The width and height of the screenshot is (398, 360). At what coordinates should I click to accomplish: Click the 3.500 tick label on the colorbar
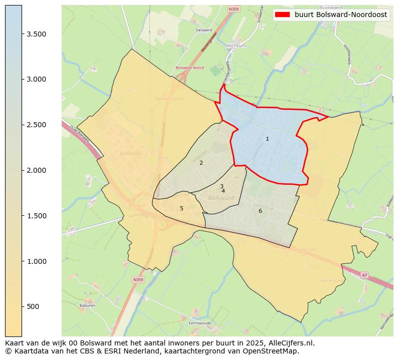(x=36, y=34)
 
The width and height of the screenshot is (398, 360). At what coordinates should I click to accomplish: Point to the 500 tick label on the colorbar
(x=33, y=306)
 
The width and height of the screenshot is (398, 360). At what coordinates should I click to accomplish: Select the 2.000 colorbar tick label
(x=36, y=170)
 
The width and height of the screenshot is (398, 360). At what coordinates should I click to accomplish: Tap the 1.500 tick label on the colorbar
(x=36, y=216)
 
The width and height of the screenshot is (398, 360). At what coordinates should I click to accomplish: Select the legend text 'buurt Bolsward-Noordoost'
(x=340, y=15)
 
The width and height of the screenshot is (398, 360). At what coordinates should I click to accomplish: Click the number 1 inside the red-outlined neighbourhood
(x=267, y=139)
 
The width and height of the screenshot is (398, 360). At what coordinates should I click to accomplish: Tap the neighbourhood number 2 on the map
(x=201, y=163)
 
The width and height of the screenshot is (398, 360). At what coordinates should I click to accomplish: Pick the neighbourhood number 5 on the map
(x=181, y=208)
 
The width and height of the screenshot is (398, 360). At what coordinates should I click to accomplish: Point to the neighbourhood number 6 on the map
(x=260, y=211)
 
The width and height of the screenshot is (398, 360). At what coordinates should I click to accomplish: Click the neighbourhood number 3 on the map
(x=222, y=186)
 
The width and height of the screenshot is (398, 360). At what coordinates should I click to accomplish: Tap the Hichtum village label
(x=236, y=46)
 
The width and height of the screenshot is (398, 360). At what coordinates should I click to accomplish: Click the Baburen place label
(x=87, y=305)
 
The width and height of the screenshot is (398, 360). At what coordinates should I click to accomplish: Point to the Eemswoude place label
(x=197, y=323)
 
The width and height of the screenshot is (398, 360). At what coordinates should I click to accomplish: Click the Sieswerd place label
(x=203, y=30)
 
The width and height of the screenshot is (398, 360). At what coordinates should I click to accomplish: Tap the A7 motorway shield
(x=364, y=275)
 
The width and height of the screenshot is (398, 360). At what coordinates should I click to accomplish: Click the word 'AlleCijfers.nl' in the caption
(x=290, y=343)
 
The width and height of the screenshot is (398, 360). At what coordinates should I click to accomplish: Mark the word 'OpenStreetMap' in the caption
(x=275, y=351)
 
